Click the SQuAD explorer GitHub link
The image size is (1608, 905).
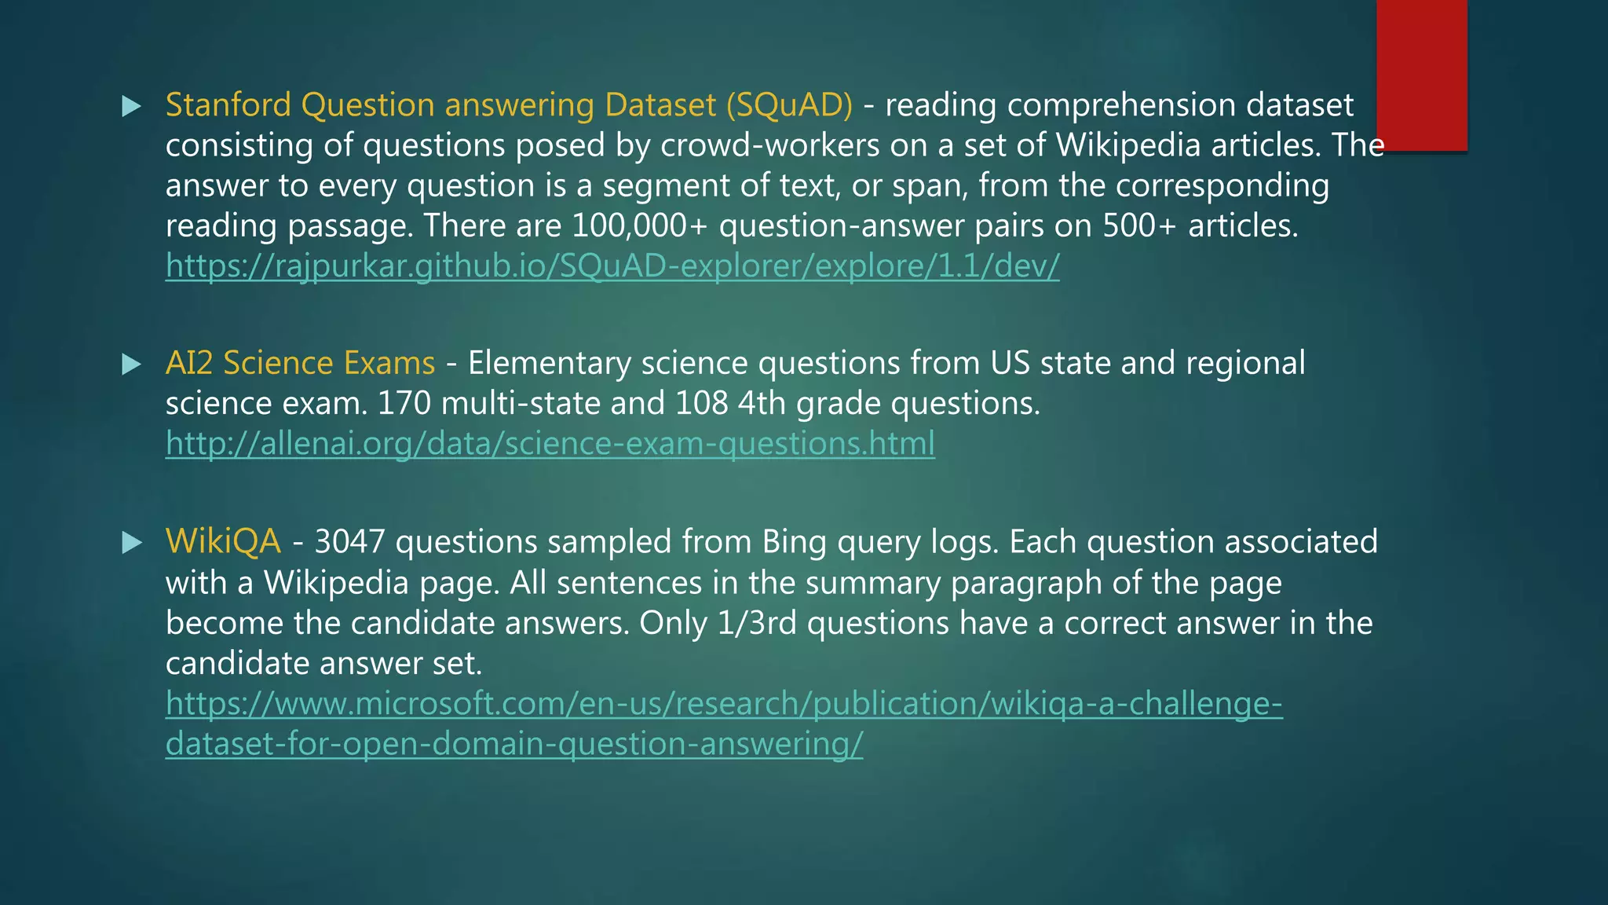pos(612,266)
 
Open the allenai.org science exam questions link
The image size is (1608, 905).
pos(550,444)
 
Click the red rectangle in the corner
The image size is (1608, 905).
pos(1421,75)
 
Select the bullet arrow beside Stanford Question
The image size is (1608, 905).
pos(132,106)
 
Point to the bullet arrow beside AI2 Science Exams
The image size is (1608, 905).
pos(132,364)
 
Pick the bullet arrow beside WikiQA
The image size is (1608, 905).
pos(132,543)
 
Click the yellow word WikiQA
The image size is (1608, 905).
pos(223,542)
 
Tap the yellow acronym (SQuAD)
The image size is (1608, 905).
pos(789,105)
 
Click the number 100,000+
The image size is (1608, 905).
pos(639,226)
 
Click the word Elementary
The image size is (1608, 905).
pos(550,363)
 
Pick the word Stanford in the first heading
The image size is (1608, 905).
pos(228,105)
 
